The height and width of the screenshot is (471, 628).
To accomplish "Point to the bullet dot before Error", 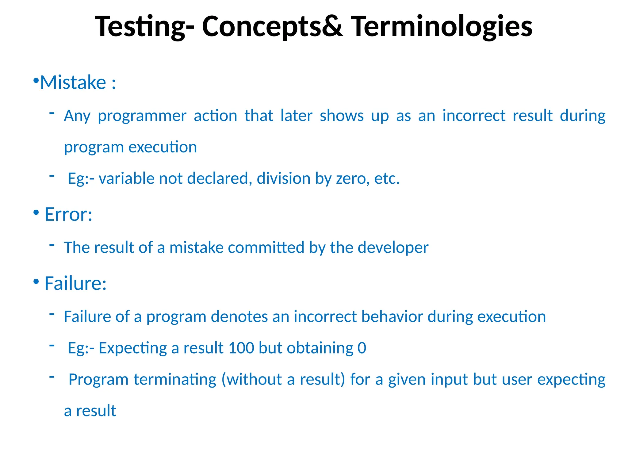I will tap(36, 212).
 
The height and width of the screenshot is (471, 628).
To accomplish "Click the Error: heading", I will tap(68, 214).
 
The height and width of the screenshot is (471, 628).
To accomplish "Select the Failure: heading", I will tap(75, 283).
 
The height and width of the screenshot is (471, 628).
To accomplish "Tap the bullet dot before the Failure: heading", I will tap(36, 281).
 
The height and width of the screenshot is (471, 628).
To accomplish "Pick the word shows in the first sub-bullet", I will tap(342, 116).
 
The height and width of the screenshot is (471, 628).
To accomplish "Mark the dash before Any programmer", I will tap(52, 113).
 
